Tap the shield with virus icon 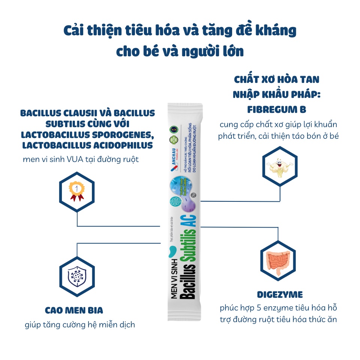point(77,276)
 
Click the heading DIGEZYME point(280,294)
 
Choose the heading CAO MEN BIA point(74,310)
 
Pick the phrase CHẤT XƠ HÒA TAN point(277,79)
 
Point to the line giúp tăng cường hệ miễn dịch point(80,325)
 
